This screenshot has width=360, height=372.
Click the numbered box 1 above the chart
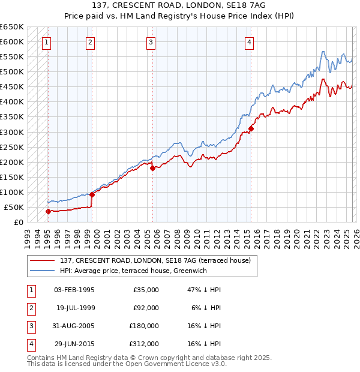pos(46,42)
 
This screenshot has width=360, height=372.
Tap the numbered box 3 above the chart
pos(150,42)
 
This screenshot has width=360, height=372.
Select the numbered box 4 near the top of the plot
pos(248,42)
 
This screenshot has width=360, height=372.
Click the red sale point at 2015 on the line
pos(251,128)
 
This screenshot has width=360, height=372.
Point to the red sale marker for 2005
pos(153,168)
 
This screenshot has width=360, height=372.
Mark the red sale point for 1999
pos(92,194)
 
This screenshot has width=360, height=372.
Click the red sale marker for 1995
pos(48,211)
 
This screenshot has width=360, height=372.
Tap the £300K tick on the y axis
pos(12,132)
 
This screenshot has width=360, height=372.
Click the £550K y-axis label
pos(12,57)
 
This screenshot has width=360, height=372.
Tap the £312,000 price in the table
pos(145,344)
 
